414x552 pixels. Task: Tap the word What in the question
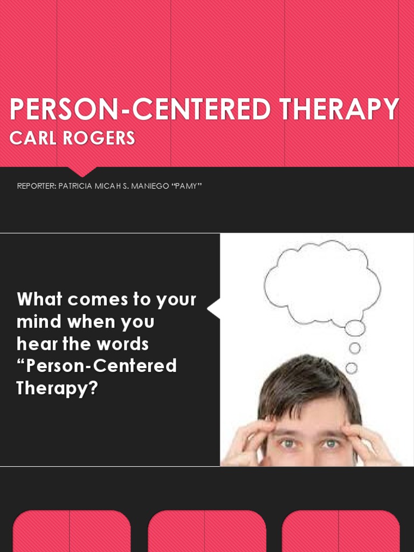[39, 299]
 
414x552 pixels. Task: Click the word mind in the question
[39, 322]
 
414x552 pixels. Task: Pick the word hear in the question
[35, 343]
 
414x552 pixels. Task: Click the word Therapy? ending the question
[57, 388]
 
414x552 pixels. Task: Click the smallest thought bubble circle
[351, 368]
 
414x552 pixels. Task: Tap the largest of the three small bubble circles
[355, 328]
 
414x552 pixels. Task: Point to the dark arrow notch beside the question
[214, 309]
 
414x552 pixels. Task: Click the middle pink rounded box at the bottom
[206, 531]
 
